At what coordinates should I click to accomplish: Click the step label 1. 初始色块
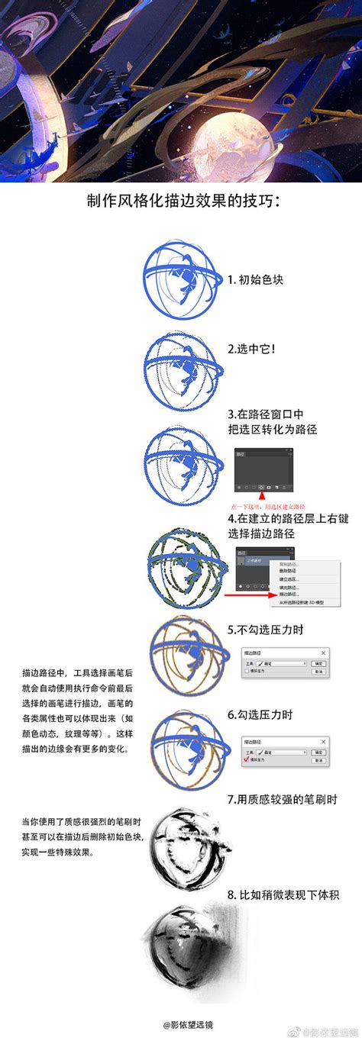256,279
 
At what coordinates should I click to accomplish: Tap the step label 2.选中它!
251,349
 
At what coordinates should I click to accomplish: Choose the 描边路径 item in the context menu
289,593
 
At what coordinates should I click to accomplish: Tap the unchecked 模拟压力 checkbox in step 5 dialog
247,674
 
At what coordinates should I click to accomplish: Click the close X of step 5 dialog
324,653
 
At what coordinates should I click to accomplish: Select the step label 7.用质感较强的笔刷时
282,800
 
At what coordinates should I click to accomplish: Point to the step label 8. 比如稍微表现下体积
283,894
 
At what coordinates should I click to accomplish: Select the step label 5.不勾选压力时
267,631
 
